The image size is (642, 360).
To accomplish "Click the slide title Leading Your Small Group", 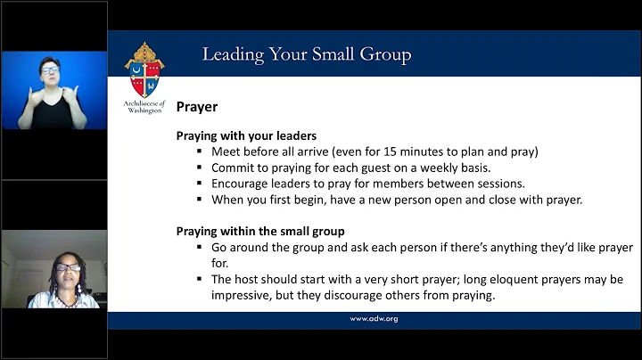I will click(306, 54).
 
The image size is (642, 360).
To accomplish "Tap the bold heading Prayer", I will click(196, 106).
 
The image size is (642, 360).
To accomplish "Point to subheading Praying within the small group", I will click(253, 232).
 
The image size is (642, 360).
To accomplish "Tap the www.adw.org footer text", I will click(374, 318).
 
